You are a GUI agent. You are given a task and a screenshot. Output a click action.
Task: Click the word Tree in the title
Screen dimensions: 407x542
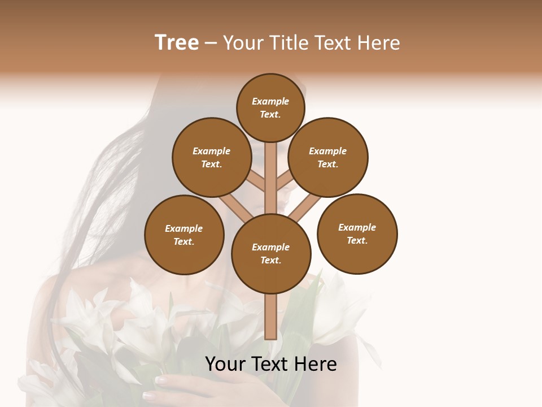(177, 43)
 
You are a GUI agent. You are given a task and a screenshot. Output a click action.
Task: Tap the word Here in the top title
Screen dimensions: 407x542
(379, 43)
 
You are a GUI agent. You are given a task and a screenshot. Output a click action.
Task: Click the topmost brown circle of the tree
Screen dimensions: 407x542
(270, 107)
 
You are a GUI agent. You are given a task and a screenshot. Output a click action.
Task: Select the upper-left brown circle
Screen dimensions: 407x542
(212, 157)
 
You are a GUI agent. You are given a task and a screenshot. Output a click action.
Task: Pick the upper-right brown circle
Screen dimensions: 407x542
(328, 157)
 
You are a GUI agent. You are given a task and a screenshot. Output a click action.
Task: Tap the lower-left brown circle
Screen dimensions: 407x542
(184, 235)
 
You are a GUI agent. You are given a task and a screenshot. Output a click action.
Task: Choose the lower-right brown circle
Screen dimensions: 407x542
(357, 233)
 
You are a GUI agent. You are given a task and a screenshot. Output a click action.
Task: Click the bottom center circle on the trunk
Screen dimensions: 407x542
(271, 253)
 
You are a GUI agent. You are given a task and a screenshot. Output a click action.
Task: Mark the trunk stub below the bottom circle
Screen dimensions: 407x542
(271, 317)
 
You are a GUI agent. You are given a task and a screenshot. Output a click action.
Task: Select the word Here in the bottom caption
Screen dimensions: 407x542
(316, 364)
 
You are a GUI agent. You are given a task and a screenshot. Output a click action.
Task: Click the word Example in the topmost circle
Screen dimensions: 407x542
(270, 101)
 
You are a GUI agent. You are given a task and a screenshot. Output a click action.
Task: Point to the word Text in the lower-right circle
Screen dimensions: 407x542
(357, 240)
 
